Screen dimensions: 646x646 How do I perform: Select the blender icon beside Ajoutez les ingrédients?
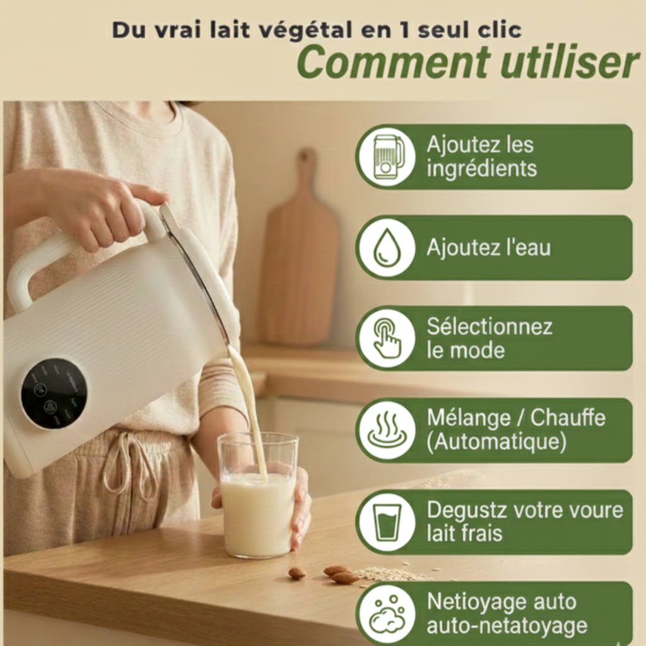(386, 156)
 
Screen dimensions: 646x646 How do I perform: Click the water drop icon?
(386, 247)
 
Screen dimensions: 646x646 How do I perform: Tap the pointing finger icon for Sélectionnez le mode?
(386, 338)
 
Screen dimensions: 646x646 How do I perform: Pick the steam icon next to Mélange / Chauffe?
(386, 430)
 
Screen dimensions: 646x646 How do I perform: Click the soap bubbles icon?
(386, 613)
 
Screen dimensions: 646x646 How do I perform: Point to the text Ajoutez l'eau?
(488, 248)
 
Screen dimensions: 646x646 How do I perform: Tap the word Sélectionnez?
(490, 327)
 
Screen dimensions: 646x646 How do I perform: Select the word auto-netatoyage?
(507, 626)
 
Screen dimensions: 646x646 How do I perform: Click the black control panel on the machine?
(54, 393)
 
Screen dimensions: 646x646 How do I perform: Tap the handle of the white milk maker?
(38, 265)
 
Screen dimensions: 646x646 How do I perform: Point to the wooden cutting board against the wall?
(300, 252)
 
